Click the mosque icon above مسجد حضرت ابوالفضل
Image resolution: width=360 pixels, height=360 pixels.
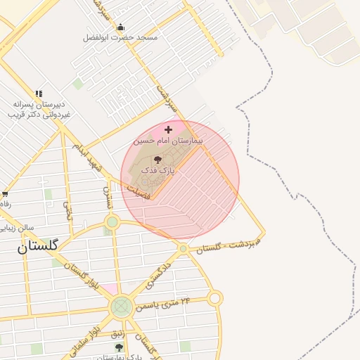click(x=122, y=27)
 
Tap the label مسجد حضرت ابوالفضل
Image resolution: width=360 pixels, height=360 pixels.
click(x=121, y=37)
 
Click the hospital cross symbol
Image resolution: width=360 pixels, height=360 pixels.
click(x=168, y=129)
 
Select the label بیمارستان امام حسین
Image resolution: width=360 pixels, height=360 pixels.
click(x=168, y=141)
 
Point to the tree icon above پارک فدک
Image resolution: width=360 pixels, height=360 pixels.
click(x=157, y=160)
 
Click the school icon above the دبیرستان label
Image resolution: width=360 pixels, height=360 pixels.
click(x=39, y=94)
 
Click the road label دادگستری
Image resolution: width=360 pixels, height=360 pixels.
click(x=159, y=275)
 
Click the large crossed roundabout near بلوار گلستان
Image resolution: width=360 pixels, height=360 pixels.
click(x=122, y=306)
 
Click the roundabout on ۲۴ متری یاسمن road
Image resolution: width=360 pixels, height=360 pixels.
click(x=215, y=299)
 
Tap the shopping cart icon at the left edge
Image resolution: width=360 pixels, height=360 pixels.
click(x=4, y=194)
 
